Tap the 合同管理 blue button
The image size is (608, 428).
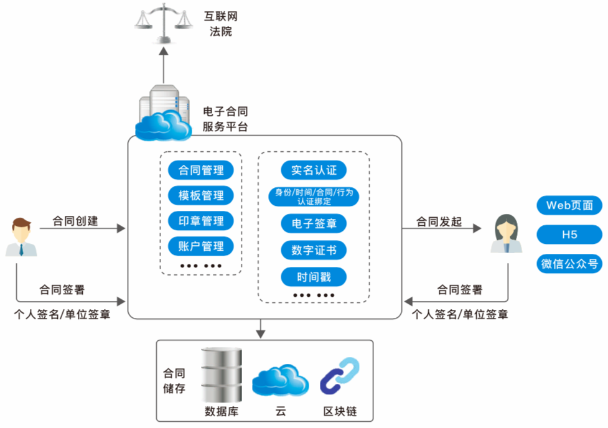(200, 170)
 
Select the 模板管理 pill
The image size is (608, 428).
(200, 195)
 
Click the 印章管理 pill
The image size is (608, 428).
(200, 220)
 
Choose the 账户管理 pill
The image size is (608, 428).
(200, 246)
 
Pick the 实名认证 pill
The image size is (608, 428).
(314, 170)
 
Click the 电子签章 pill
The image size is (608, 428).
(314, 223)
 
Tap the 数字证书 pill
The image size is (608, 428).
(314, 250)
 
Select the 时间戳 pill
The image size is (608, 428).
(314, 277)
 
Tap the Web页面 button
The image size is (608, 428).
(569, 205)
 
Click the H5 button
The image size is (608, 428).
(569, 235)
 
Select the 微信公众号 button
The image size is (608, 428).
(569, 264)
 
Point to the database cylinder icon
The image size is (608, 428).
(221, 374)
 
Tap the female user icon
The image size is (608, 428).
(506, 234)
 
